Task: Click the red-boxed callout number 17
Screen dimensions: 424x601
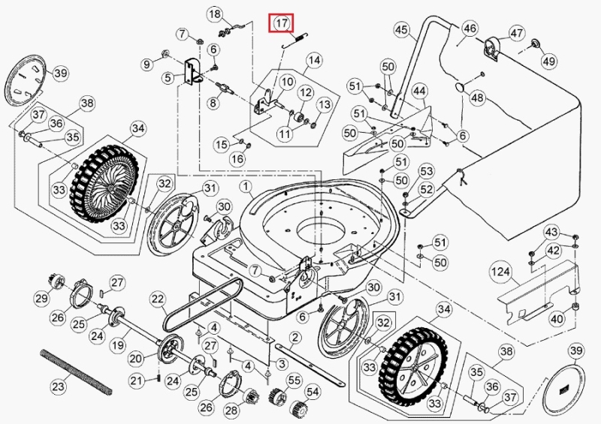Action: pos(282,23)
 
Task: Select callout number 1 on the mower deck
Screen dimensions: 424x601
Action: pos(246,185)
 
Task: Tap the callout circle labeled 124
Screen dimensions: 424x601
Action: pos(500,269)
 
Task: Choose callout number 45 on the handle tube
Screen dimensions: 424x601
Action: pos(401,30)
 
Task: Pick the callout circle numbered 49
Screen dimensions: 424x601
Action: pos(548,61)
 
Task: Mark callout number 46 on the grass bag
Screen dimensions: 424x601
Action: pos(470,29)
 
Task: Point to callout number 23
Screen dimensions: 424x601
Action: pos(59,387)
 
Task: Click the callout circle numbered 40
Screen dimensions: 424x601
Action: pos(556,319)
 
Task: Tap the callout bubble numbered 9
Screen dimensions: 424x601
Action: pos(146,65)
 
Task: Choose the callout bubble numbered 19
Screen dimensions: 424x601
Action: pos(116,346)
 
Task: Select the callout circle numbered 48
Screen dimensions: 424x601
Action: pos(477,98)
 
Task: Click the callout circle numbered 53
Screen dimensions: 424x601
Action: pos(426,172)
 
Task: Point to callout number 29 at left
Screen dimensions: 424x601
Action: pos(41,299)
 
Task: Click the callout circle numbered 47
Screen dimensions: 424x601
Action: pos(517,33)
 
